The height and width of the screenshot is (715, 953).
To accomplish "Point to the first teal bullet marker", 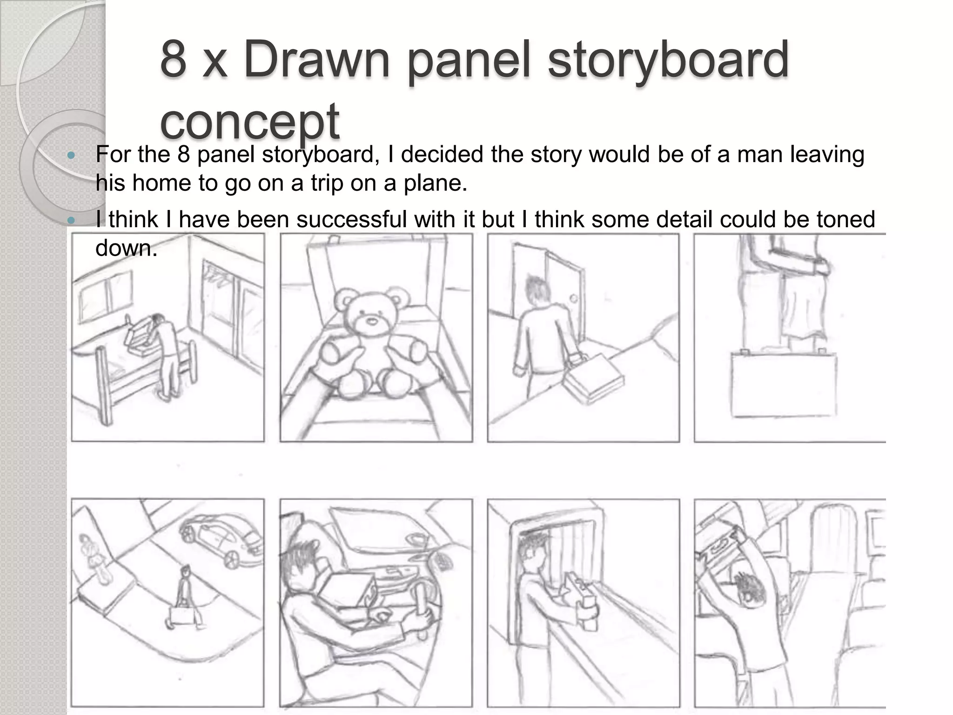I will [71, 155].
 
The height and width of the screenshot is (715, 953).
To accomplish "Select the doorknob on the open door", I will [574, 298].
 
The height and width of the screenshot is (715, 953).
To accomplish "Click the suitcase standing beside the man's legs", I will [783, 384].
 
